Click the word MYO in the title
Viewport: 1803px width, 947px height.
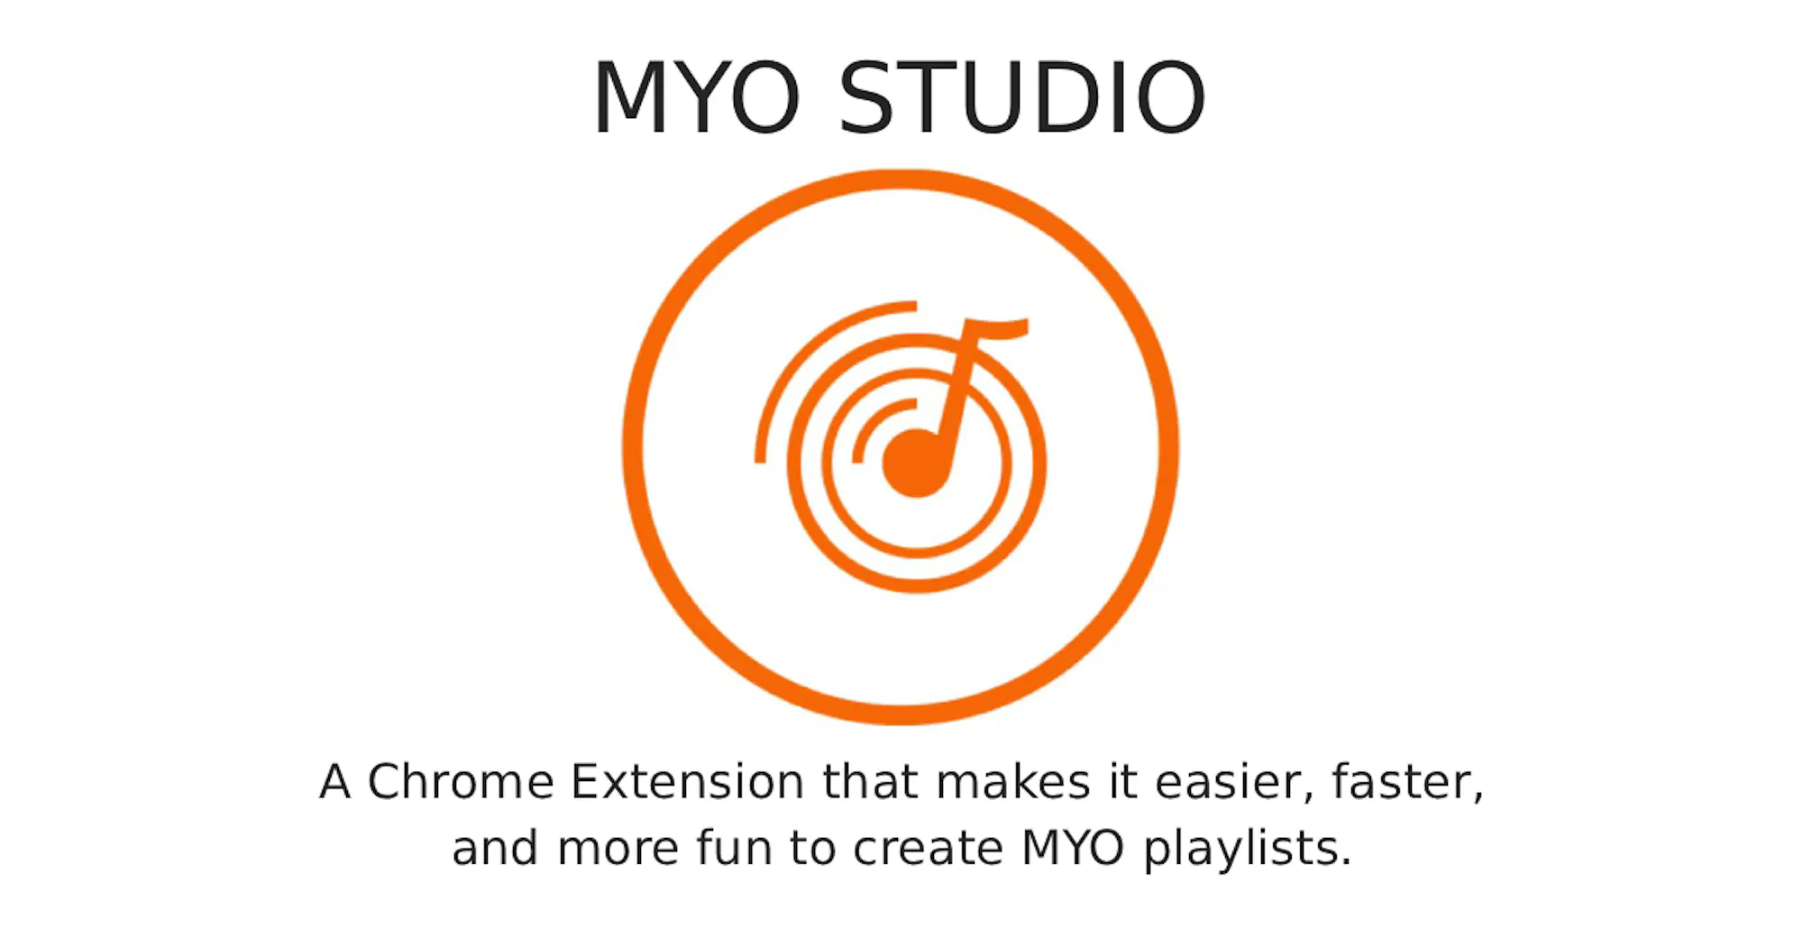pyautogui.click(x=696, y=97)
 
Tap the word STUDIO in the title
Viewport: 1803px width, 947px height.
pyautogui.click(x=1022, y=97)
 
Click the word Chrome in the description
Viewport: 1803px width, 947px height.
pyautogui.click(x=460, y=781)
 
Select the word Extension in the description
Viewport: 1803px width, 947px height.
pyautogui.click(x=687, y=781)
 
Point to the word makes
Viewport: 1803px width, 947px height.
pyautogui.click(x=1013, y=781)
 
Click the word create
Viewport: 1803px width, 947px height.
pyautogui.click(x=928, y=850)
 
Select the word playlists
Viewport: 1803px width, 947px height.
pyautogui.click(x=1248, y=850)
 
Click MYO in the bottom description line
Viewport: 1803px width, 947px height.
pyautogui.click(x=1073, y=849)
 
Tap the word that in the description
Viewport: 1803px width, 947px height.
pyautogui.click(x=870, y=781)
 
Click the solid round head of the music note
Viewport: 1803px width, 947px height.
pyautogui.click(x=915, y=463)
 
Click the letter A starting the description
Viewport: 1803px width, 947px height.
pyautogui.click(x=334, y=782)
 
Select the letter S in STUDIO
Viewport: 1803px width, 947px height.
pyautogui.click(x=865, y=97)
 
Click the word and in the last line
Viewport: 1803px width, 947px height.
pyautogui.click(x=495, y=848)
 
